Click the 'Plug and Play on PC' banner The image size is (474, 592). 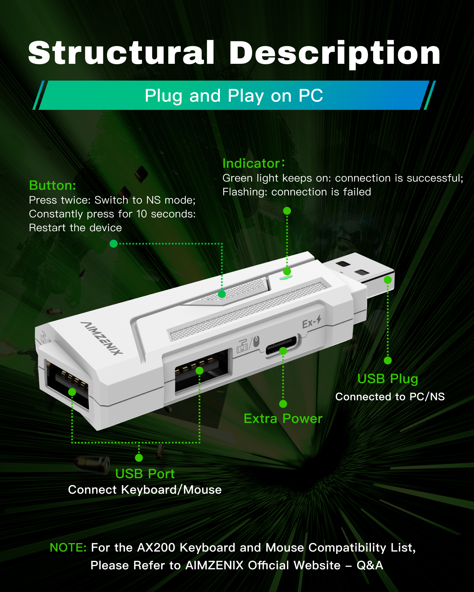[234, 95]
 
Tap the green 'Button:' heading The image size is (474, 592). [53, 185]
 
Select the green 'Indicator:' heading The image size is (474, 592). [253, 163]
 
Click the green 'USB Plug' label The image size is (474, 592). [388, 379]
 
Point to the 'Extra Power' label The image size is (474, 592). [283, 419]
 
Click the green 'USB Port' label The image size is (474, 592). [145, 474]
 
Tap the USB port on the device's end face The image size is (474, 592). [67, 385]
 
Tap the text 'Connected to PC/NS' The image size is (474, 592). [390, 397]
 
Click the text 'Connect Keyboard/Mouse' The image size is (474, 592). [145, 490]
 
